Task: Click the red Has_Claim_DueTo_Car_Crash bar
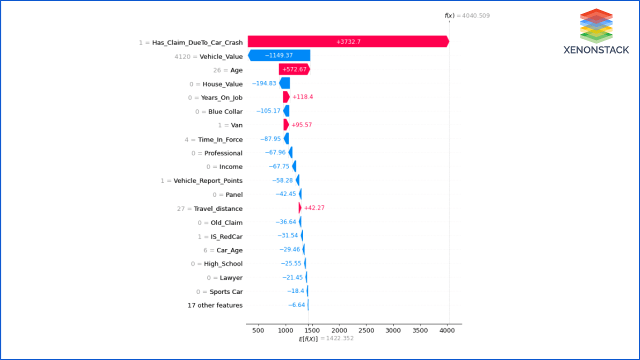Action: [x=348, y=42]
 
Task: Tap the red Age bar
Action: [x=294, y=69]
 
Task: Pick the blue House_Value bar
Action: [x=284, y=83]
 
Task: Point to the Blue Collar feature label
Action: [x=225, y=111]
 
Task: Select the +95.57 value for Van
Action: [x=301, y=125]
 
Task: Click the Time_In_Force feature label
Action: [x=220, y=139]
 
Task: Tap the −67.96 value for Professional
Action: [x=275, y=153]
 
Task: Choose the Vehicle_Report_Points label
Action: [x=207, y=180]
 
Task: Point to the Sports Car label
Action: [x=225, y=291]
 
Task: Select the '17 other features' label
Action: [x=215, y=305]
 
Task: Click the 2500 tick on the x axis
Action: [x=366, y=331]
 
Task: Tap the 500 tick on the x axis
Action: [x=258, y=331]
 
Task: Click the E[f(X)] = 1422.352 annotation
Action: [x=326, y=339]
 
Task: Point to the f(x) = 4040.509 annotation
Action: [x=467, y=15]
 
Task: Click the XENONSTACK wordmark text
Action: [x=596, y=50]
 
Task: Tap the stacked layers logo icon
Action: [x=596, y=25]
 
